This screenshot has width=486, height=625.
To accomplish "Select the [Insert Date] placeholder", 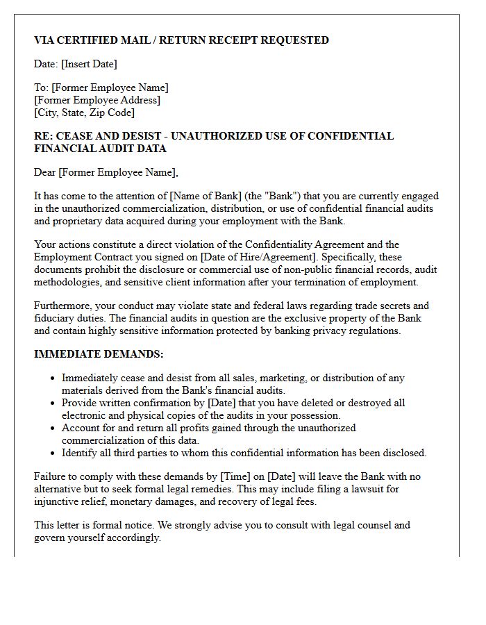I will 89,64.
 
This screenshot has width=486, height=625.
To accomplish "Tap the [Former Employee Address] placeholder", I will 97,100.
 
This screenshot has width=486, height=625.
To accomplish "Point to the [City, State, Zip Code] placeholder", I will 84,112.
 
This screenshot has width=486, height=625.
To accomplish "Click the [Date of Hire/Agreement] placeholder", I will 253,257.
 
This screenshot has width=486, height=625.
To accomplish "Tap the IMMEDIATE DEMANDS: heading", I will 99,354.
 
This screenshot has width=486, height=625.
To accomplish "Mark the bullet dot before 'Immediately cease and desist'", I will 53,378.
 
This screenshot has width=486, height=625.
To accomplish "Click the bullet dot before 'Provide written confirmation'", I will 53,403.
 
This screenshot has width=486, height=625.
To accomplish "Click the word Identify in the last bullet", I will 80,453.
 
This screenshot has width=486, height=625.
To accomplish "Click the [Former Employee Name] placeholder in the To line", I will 110,88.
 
